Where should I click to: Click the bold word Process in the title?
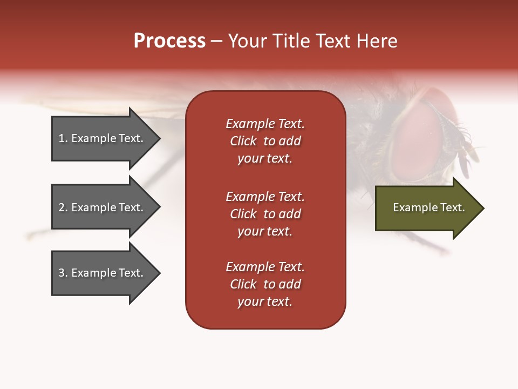coord(169,41)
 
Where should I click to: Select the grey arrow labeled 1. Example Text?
coord(103,138)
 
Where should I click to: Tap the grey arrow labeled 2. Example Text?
coord(103,207)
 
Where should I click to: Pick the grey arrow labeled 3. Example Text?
coord(103,273)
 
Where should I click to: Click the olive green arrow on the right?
coord(426,207)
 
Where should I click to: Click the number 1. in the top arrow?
coord(63,138)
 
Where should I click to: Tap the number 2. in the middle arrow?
coord(63,207)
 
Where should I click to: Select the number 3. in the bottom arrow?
coord(63,273)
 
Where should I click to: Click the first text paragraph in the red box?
coord(265,141)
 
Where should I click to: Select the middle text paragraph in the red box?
coord(265,214)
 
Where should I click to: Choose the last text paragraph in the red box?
coord(265,284)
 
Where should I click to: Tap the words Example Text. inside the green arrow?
coord(428,207)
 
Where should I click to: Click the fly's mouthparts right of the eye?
coord(464,146)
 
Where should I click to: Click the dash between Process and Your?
coord(216,42)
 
